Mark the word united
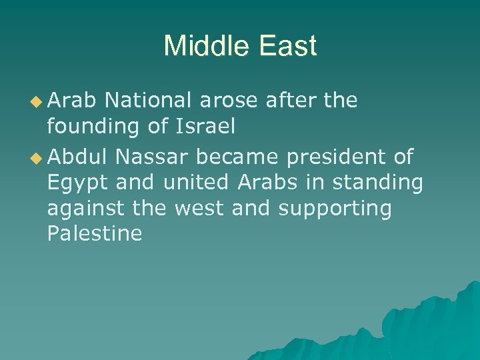tap(194, 183)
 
